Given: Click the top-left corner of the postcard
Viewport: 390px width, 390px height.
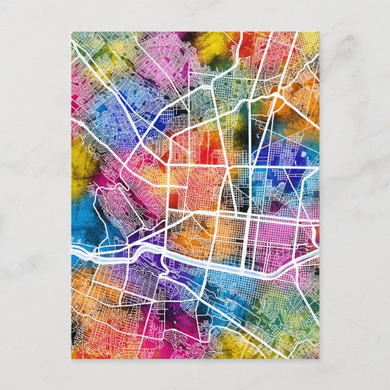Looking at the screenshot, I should (71, 32).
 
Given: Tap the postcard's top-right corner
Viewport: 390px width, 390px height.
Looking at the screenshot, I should (320, 32).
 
